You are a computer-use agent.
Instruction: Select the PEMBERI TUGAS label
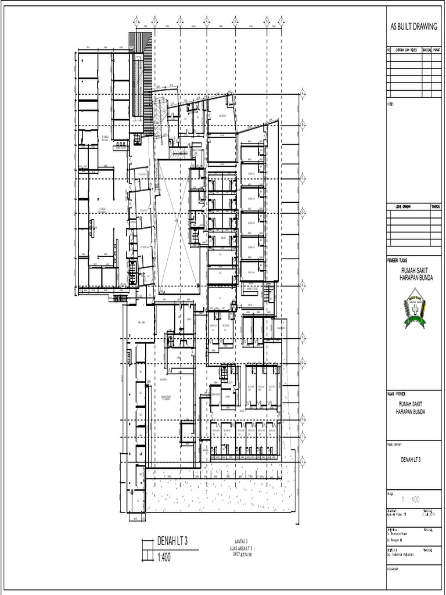point(399,260)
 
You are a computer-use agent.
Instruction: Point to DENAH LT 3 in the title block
point(411,459)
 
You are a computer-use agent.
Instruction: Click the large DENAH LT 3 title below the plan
point(172,542)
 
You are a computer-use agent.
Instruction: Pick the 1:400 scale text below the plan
point(164,558)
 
